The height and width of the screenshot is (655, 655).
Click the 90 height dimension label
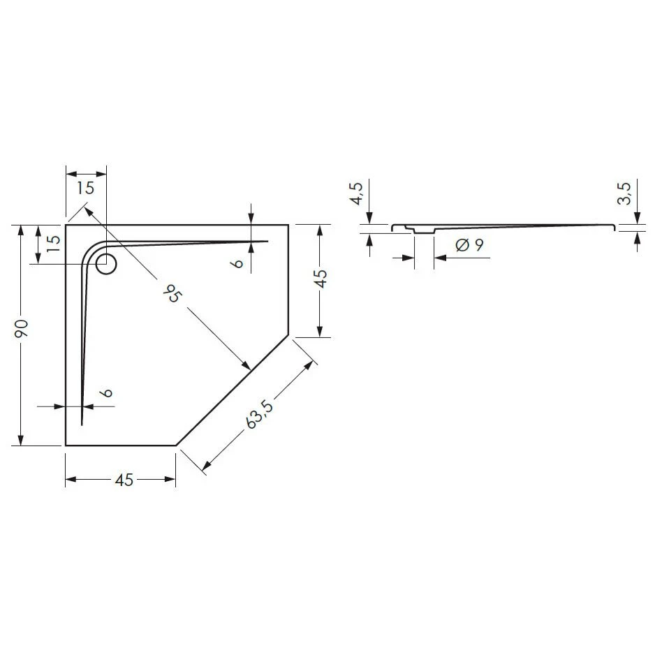(22, 330)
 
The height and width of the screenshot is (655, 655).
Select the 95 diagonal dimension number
(170, 294)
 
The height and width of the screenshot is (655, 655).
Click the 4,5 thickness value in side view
(356, 193)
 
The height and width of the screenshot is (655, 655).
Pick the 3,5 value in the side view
(625, 193)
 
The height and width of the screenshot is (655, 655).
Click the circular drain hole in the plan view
(106, 264)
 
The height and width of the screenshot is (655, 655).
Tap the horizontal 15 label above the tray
(86, 188)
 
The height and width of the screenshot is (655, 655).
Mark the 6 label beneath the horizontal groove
(239, 263)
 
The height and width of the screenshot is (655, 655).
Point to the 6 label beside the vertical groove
(106, 392)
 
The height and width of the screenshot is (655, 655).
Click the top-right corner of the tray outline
(288, 225)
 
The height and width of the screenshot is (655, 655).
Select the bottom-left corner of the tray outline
(66, 445)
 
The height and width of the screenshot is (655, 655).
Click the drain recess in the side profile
(424, 230)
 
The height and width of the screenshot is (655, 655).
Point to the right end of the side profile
(614, 226)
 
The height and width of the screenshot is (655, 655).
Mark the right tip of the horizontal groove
(267, 241)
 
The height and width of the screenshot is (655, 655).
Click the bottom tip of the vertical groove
(82, 424)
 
